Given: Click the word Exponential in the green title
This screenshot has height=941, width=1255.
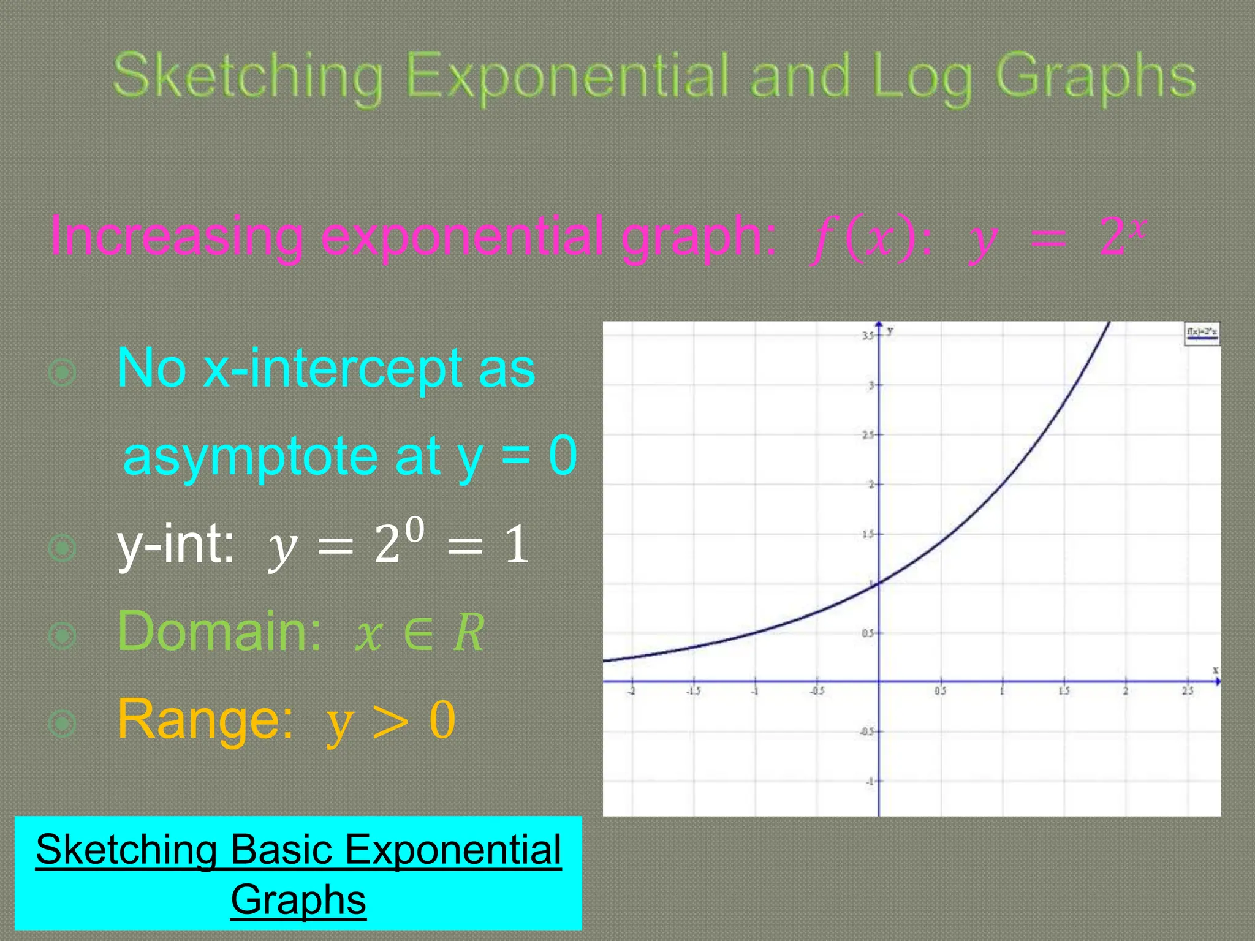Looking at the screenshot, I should click(x=567, y=76).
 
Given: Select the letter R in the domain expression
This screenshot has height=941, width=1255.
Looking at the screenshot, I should click(x=469, y=633).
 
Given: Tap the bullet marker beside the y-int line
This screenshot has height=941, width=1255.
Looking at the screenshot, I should click(x=63, y=548).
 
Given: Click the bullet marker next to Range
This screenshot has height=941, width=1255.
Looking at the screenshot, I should click(x=63, y=724).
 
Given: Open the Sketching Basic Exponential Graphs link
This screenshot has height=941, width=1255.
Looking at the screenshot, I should click(x=298, y=874).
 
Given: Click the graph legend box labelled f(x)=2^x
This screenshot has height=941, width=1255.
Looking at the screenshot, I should click(x=1202, y=333).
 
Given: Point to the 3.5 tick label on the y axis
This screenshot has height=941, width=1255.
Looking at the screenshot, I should click(x=867, y=336).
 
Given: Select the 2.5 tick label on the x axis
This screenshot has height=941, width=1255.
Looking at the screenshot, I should click(x=1188, y=691).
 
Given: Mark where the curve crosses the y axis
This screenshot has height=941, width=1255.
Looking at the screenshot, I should click(x=879, y=583).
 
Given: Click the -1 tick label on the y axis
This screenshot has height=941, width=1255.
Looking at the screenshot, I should click(x=869, y=782).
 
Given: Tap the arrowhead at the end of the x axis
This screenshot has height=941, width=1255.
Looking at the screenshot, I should click(x=1217, y=681).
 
